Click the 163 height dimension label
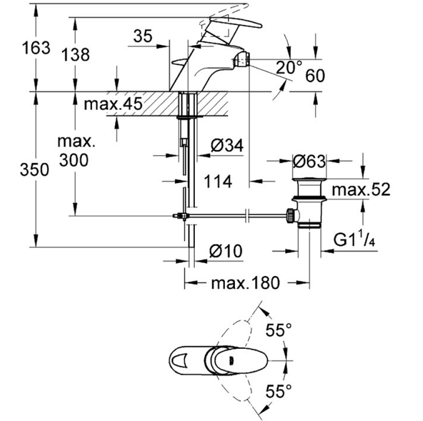click(35, 48)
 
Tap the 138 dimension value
click(75, 55)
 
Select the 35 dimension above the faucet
click(143, 38)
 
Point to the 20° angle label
click(289, 67)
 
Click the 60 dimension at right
click(315, 77)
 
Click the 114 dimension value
click(217, 182)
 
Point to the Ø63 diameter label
click(310, 162)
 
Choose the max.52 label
click(360, 189)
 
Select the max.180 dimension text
click(244, 284)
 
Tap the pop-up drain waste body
click(310, 201)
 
